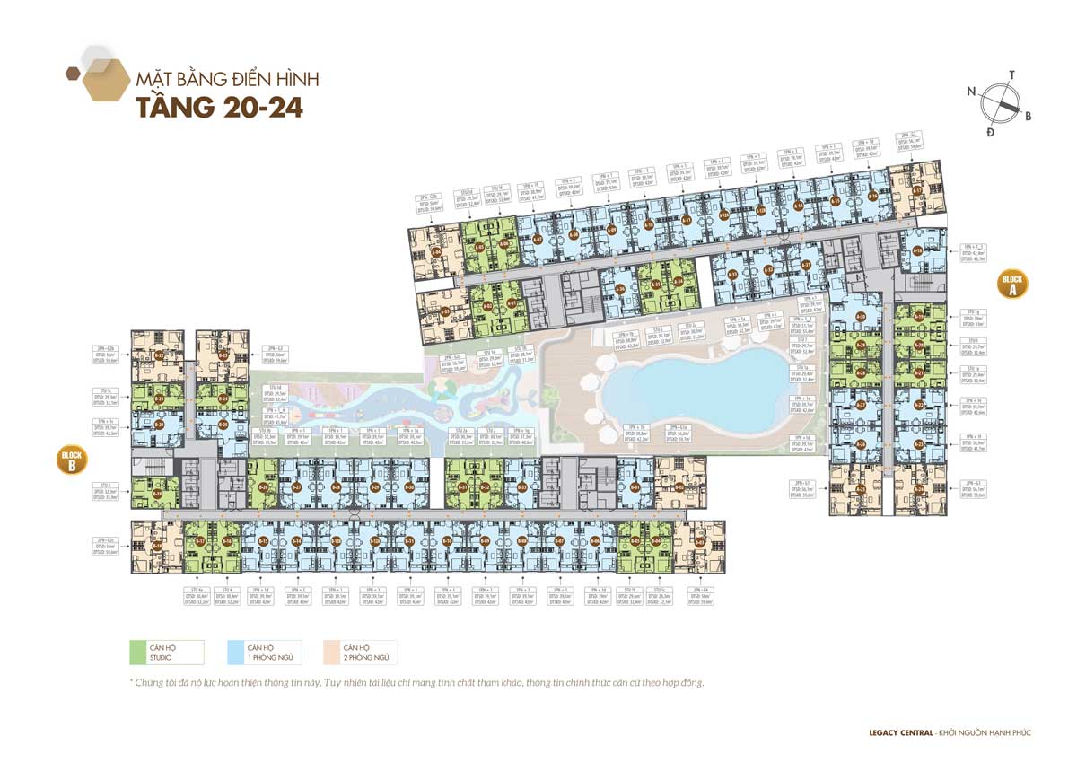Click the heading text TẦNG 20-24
pyautogui.click(x=219, y=107)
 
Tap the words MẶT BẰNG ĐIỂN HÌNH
pyautogui.click(x=227, y=79)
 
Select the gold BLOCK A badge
pyautogui.click(x=1012, y=285)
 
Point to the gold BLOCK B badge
pyautogui.click(x=72, y=460)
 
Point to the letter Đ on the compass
pyautogui.click(x=991, y=132)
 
